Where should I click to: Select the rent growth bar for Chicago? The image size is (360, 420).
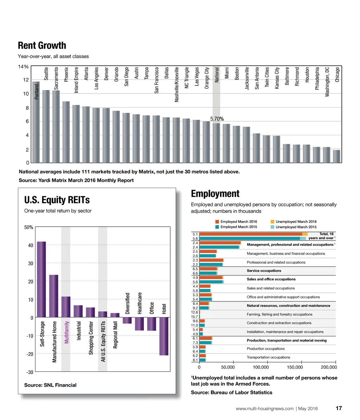click(337, 156)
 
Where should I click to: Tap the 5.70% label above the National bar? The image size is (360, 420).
click(217, 119)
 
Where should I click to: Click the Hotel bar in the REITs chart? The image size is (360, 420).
click(164, 336)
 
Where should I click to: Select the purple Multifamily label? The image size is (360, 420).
click(66, 332)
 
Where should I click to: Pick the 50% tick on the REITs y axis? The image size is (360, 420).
click(29, 227)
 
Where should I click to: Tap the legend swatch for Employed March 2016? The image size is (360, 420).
click(217, 222)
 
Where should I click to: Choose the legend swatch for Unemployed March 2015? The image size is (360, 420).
click(272, 227)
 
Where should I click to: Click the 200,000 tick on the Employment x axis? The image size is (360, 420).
click(329, 367)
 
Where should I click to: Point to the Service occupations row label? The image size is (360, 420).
click(264, 271)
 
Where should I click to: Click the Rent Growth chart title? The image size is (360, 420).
click(42, 46)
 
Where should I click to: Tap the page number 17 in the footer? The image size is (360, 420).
click(339, 408)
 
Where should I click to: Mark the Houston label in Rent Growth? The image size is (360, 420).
click(307, 75)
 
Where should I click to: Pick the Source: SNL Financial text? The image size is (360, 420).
click(50, 385)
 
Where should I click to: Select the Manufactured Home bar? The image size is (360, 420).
click(54, 296)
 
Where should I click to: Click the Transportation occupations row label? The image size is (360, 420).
click(269, 357)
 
